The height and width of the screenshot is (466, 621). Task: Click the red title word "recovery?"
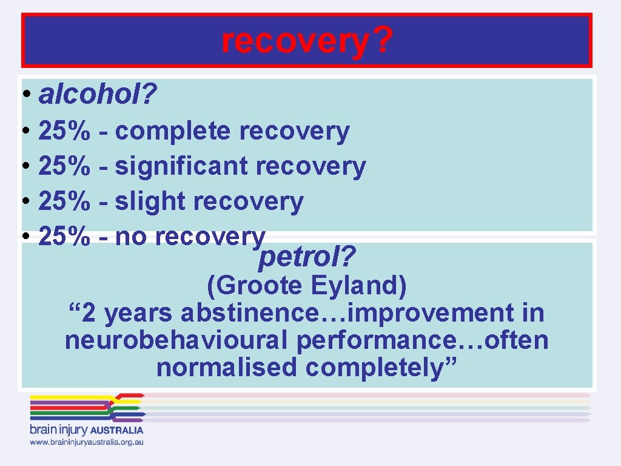tap(307, 41)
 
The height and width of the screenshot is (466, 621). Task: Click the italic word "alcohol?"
tap(98, 94)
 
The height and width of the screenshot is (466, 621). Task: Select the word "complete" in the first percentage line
tap(172, 131)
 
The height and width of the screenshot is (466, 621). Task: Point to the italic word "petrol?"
tap(307, 259)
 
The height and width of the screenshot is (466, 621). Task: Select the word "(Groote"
tap(256, 285)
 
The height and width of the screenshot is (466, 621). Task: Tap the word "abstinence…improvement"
tap(346, 313)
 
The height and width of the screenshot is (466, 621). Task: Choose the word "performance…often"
tap(423, 340)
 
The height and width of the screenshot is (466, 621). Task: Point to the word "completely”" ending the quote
tap(381, 368)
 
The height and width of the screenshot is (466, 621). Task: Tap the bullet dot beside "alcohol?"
tap(24, 95)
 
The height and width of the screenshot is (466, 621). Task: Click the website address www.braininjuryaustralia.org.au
tap(87, 442)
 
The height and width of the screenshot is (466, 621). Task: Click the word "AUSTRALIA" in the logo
tap(117, 430)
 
